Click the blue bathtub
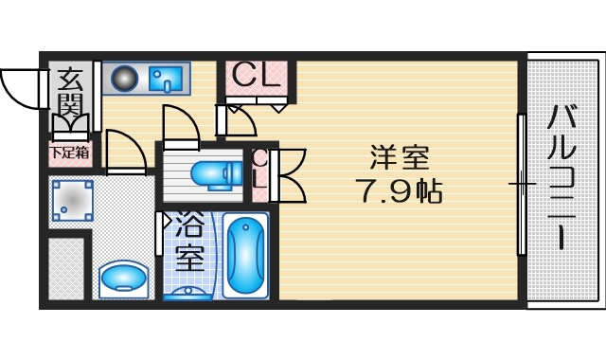coord(246,255)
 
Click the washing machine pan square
coord(71,199)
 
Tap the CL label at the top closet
coord(254,75)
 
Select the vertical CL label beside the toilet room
coord(259,174)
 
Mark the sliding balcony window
coord(521,184)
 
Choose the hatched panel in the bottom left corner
coord(66,269)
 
